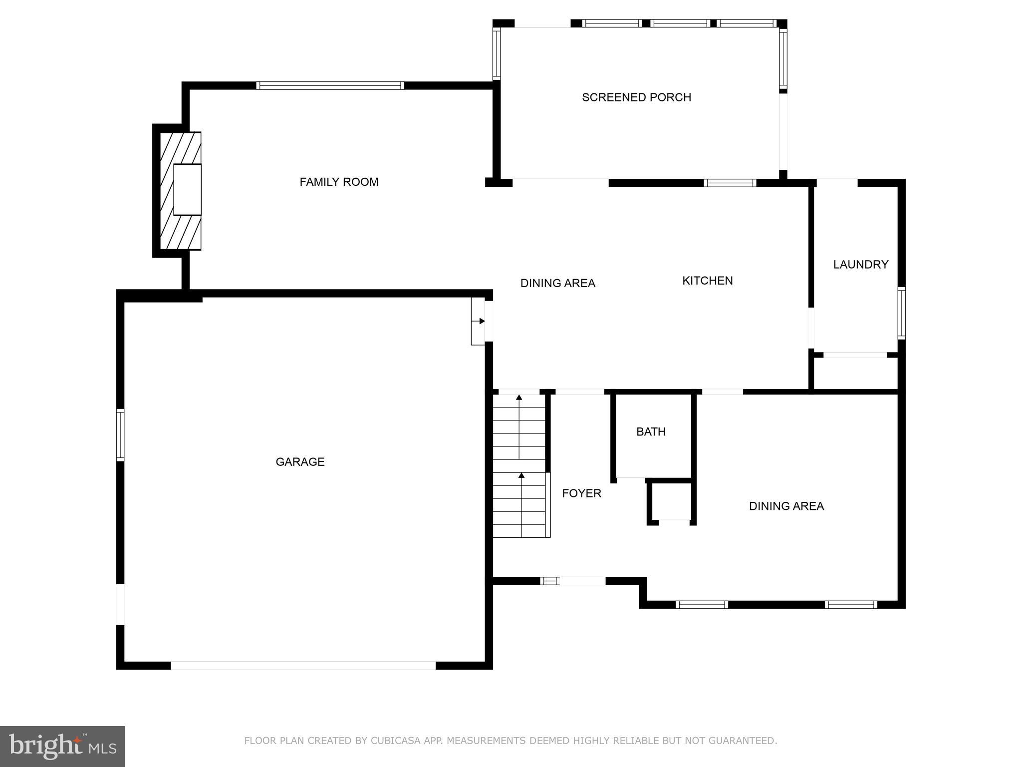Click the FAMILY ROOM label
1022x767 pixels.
pyautogui.click(x=339, y=182)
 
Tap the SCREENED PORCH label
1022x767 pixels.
pyautogui.click(x=636, y=97)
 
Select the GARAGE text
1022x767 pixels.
pyautogui.click(x=300, y=462)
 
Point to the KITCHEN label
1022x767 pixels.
pyautogui.click(x=707, y=281)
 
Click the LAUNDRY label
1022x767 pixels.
pyautogui.click(x=860, y=265)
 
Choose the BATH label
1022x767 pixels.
pyautogui.click(x=651, y=432)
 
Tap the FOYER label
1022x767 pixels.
pyautogui.click(x=581, y=493)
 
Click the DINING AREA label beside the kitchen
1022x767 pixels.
pyautogui.click(x=557, y=283)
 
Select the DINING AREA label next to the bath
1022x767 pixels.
pyautogui.click(x=786, y=506)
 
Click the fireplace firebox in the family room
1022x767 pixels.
pyautogui.click(x=187, y=190)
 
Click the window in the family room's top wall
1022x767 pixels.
pyautogui.click(x=330, y=85)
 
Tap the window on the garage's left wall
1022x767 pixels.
pyautogui.click(x=120, y=434)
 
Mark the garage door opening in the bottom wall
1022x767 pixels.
pyautogui.click(x=303, y=666)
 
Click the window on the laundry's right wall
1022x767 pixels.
pyautogui.click(x=901, y=314)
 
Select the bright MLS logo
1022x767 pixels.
pyautogui.click(x=62, y=746)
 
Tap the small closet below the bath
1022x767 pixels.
pyautogui.click(x=671, y=502)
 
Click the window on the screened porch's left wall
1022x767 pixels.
pyautogui.click(x=497, y=53)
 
